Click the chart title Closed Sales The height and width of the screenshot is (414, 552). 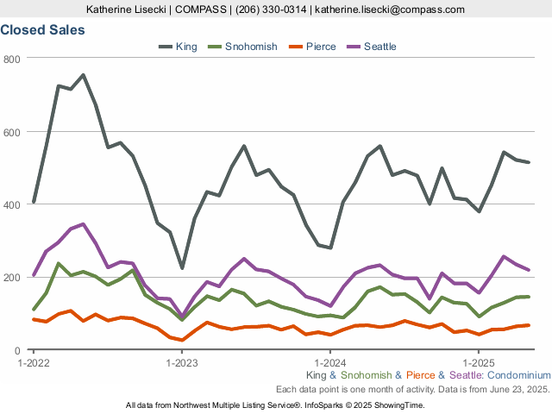pos(42,29)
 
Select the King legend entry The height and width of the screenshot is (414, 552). pos(185,46)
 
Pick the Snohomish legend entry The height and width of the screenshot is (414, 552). pos(251,46)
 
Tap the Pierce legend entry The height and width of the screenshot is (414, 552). pos(320,46)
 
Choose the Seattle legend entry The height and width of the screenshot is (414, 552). pos(379,46)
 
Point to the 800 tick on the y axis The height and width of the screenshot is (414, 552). pos(12,58)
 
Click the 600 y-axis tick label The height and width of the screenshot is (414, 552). pos(12,131)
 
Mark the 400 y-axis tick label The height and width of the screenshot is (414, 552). pos(12,204)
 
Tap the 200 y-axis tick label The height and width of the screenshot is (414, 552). pos(12,278)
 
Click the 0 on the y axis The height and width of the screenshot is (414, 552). pos(17,351)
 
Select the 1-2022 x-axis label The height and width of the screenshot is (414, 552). pos(34,362)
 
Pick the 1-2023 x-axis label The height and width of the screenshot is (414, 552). pos(182,362)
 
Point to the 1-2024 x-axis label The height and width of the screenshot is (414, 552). pos(330,362)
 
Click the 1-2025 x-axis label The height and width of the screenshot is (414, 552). pos(479,362)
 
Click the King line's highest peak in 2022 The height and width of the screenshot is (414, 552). pos(83,75)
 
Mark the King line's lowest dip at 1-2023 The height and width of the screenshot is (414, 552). pos(182,268)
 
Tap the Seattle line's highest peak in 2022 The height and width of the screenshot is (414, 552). pos(83,224)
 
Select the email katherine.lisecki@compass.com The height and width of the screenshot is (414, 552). pos(390,9)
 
